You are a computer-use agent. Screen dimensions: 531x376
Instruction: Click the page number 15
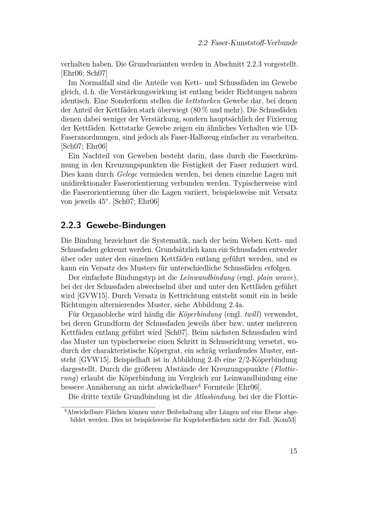click(x=293, y=451)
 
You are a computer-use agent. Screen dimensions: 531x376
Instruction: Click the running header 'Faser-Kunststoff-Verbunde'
click(x=254, y=43)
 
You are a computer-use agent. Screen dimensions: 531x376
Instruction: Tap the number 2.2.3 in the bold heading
click(x=71, y=226)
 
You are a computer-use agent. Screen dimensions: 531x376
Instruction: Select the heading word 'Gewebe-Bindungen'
click(x=126, y=226)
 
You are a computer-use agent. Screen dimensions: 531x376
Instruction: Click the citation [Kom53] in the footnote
click(x=285, y=420)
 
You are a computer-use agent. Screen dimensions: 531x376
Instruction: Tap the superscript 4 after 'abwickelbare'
click(x=200, y=385)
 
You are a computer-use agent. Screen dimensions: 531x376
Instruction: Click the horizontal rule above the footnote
click(x=108, y=407)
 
